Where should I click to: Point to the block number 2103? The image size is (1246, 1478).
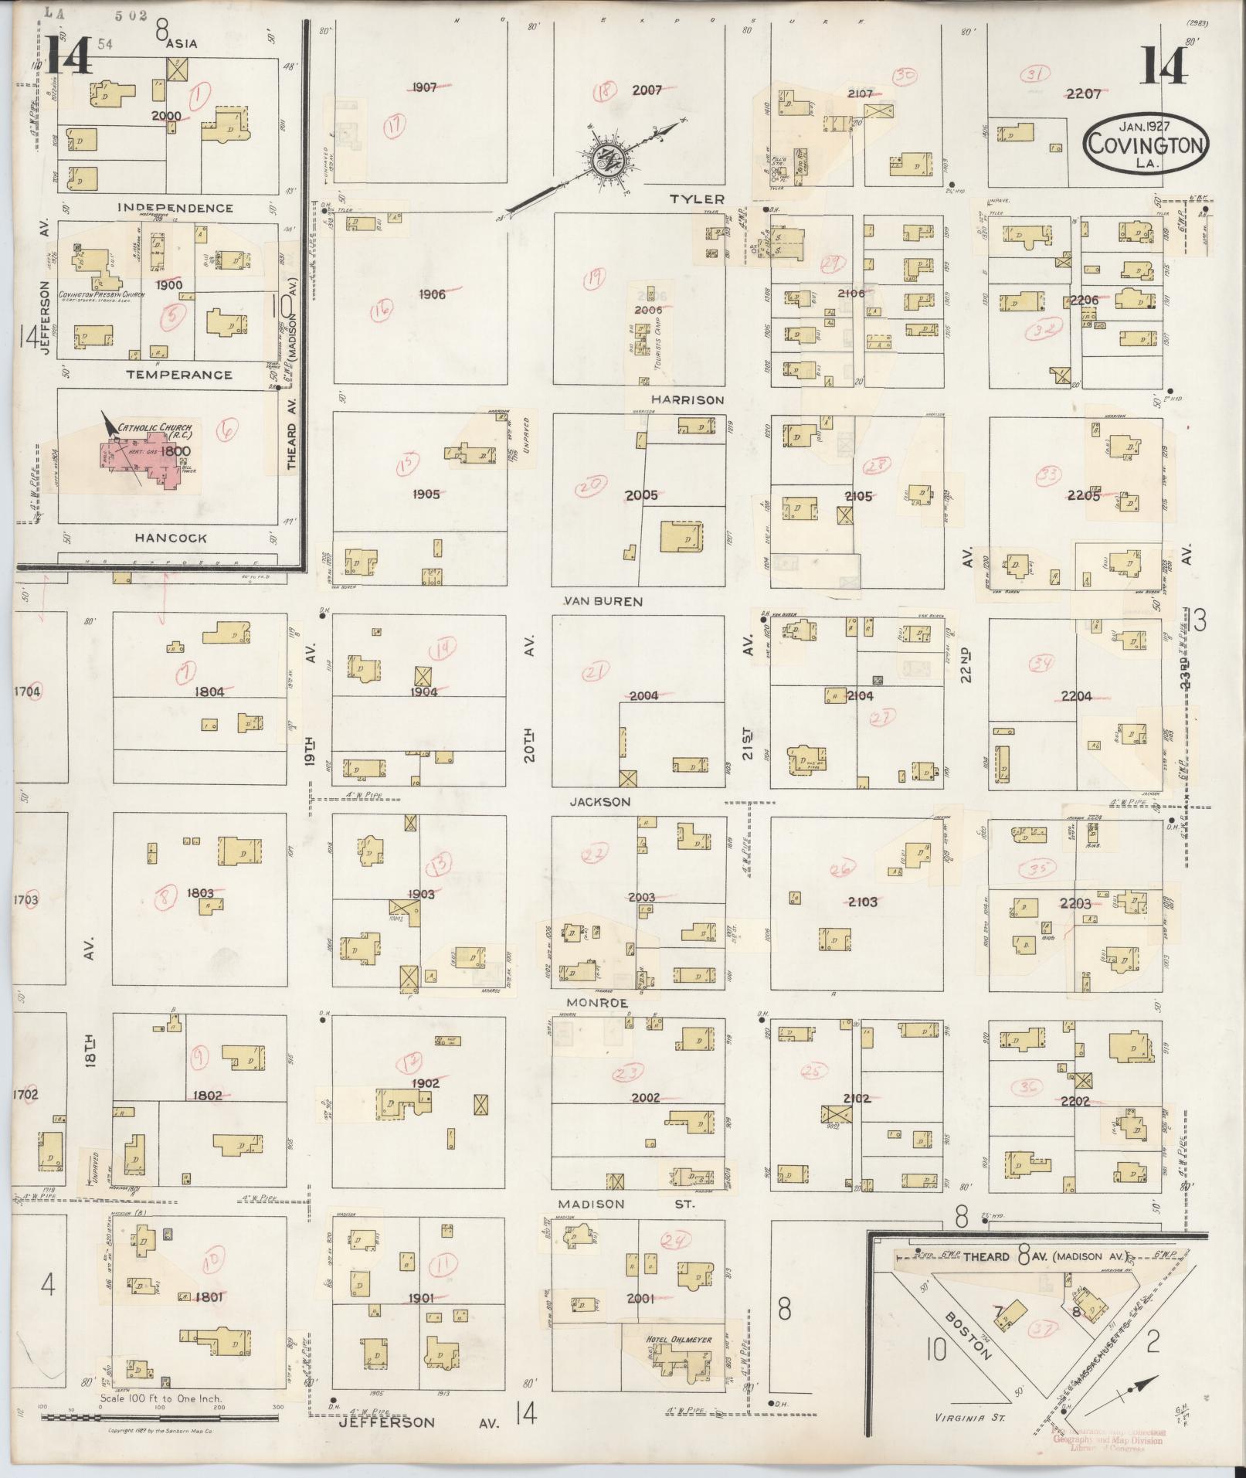[862, 902]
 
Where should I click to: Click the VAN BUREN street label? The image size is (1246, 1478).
[603, 600]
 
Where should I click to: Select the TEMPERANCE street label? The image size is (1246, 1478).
[179, 375]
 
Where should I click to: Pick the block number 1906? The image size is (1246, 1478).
[432, 294]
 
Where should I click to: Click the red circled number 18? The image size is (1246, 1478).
[604, 91]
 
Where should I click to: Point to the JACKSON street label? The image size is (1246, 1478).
[599, 802]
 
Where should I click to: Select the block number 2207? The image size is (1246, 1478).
[1083, 94]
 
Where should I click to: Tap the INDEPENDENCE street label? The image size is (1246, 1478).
[175, 208]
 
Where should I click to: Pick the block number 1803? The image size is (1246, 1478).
[200, 892]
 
